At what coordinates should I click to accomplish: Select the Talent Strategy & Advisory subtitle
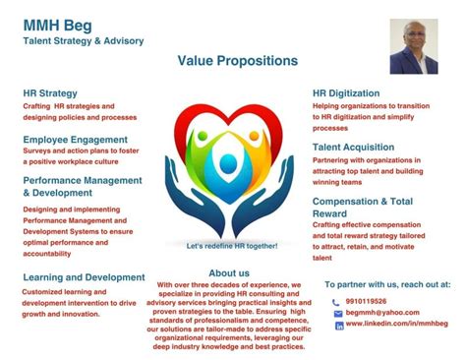84,40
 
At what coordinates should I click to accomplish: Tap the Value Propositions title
237,61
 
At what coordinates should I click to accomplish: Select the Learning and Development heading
84,277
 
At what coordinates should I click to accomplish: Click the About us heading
229,272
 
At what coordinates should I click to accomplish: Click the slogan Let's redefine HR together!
232,245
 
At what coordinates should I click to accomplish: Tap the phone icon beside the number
337,302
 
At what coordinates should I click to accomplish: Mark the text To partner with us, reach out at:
387,283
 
